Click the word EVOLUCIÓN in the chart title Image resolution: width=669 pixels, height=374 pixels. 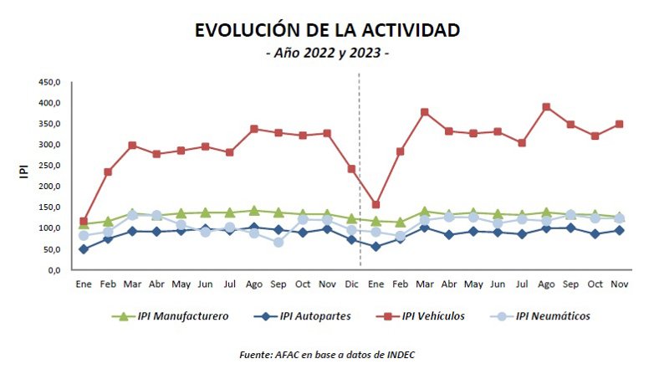(x=243, y=31)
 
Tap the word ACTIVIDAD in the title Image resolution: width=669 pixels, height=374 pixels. (x=409, y=31)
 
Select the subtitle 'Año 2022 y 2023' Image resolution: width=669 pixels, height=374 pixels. (x=327, y=54)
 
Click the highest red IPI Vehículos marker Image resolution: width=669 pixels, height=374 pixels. (x=546, y=107)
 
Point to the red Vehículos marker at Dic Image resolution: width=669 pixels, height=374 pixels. (x=351, y=169)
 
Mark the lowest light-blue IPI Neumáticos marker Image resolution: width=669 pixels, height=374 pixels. (x=278, y=243)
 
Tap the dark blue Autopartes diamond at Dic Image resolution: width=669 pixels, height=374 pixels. (x=351, y=239)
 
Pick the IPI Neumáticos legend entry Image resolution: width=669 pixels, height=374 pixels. (x=544, y=316)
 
